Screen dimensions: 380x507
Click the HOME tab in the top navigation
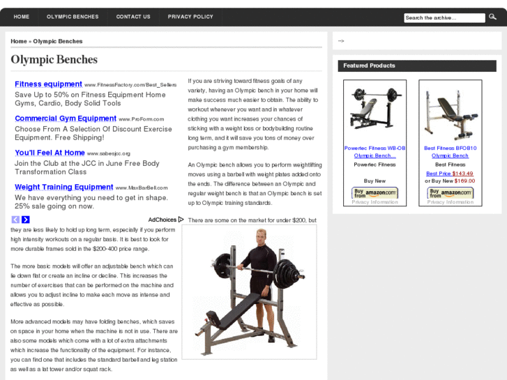22,17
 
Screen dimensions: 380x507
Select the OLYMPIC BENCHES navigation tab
73,17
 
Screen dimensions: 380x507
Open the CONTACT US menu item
133,17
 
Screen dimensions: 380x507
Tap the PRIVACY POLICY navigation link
190,17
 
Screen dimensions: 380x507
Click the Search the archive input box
444,18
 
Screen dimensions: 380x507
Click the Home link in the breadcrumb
19,41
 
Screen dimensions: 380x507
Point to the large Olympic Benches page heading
54,60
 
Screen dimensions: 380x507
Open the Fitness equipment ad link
49,84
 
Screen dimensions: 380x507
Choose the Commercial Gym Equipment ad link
66,119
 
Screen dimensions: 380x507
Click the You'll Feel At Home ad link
50,153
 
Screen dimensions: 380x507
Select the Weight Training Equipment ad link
64,187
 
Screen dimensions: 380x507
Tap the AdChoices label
162,220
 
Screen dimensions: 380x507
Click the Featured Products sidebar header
369,66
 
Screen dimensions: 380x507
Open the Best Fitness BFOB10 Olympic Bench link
450,151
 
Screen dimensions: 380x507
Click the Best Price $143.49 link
450,174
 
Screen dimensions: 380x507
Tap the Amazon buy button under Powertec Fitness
374,193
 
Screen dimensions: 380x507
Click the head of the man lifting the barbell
261,236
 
